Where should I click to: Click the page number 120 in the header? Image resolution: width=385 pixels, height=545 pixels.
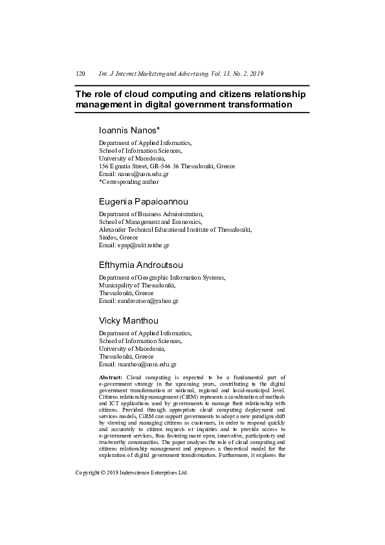click(80, 74)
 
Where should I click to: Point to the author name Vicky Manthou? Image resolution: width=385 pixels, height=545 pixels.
click(128, 320)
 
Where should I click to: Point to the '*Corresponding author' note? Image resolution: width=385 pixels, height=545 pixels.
click(129, 182)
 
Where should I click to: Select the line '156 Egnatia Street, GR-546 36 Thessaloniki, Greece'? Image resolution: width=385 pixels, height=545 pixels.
click(166, 166)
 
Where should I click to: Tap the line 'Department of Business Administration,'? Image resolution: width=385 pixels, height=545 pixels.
click(151, 214)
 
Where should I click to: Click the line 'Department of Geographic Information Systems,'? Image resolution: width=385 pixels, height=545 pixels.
click(162, 278)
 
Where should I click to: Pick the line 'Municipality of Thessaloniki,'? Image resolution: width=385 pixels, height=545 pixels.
click(137, 285)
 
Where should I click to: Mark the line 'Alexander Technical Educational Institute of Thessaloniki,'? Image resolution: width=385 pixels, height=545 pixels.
click(175, 230)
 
